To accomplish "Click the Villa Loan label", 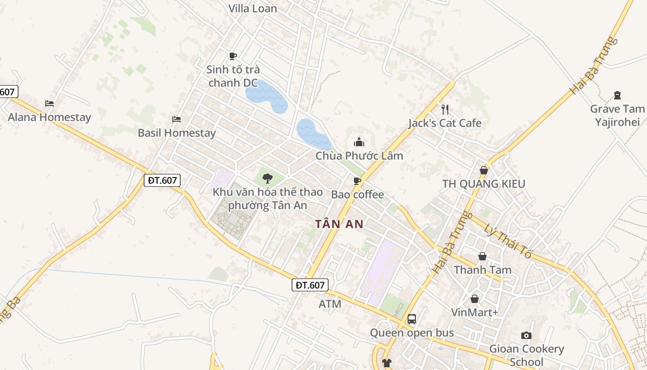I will pyautogui.click(x=253, y=8).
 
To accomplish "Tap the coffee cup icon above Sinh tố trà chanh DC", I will pyautogui.click(x=233, y=56).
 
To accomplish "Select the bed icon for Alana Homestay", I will pyautogui.click(x=49, y=104).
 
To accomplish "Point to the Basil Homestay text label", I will pyautogui.click(x=177, y=133).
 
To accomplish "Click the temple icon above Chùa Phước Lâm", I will pyautogui.click(x=359, y=142).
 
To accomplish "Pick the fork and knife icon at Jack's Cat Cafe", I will pyautogui.click(x=445, y=109).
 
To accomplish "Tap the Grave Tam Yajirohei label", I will pyautogui.click(x=617, y=116).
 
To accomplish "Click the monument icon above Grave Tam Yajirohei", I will pyautogui.click(x=617, y=95).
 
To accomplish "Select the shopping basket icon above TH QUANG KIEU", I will pyautogui.click(x=483, y=170).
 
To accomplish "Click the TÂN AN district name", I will pyautogui.click(x=339, y=224).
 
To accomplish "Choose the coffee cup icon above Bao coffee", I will pyautogui.click(x=357, y=181).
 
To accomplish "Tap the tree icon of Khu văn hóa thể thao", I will pyautogui.click(x=267, y=178).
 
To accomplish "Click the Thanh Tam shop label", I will pyautogui.click(x=482, y=270).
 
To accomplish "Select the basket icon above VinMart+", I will pyautogui.click(x=475, y=299).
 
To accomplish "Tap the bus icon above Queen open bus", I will pyautogui.click(x=411, y=319).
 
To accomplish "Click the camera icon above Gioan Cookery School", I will pyautogui.click(x=526, y=335).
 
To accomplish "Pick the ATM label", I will pyautogui.click(x=330, y=304).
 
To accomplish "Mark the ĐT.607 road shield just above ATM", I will pyautogui.click(x=310, y=285).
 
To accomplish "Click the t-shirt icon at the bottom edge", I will pyautogui.click(x=387, y=363).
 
